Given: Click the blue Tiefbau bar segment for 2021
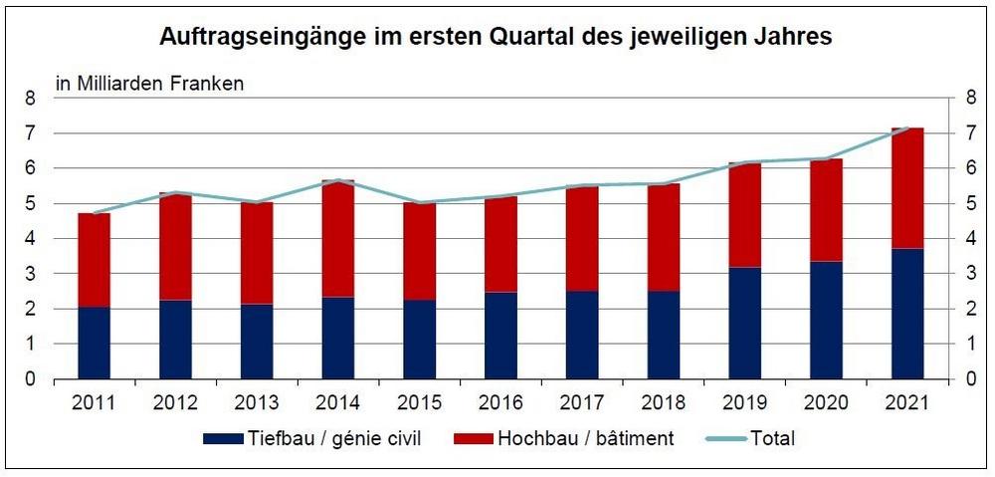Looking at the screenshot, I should [x=907, y=314].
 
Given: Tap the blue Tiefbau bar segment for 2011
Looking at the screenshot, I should [x=94, y=343].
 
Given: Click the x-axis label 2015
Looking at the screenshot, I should [x=419, y=403].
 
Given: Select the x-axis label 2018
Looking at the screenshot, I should [x=663, y=403].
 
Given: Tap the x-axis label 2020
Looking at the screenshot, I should [x=826, y=403].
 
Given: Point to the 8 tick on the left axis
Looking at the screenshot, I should [x=31, y=99].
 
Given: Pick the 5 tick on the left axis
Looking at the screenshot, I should [x=31, y=204].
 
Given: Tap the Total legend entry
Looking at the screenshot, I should [x=754, y=438].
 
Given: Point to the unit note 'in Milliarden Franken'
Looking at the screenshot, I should [x=149, y=84].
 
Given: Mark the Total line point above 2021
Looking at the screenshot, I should [x=907, y=127].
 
